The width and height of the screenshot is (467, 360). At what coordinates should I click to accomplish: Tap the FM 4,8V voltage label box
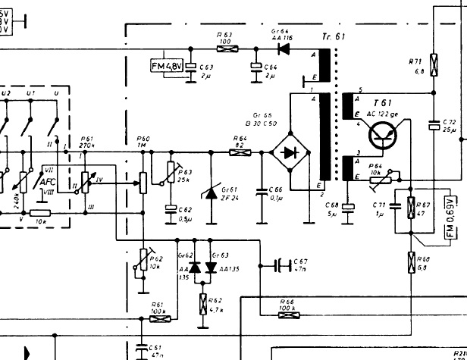pyautogui.click(x=167, y=67)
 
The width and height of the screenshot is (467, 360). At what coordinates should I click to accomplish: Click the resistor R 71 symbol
pyautogui.click(x=434, y=66)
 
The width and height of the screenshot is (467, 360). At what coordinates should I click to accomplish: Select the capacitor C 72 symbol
pyautogui.click(x=434, y=124)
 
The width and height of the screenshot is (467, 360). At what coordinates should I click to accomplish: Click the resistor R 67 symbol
pyautogui.click(x=411, y=207)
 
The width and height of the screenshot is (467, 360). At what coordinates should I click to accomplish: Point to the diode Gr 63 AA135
pyautogui.click(x=212, y=268)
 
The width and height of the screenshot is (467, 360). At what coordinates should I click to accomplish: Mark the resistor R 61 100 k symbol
pyautogui.click(x=160, y=319)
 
